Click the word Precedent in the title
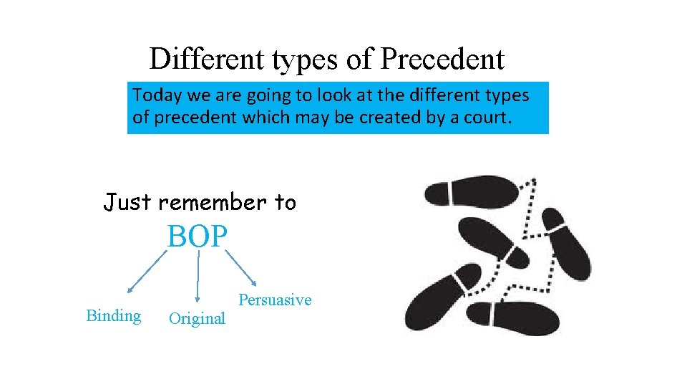442,59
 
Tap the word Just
127,203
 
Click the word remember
212,203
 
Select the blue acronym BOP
197,236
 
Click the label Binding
113,315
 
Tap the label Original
197,318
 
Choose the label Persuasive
275,300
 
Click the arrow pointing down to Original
198,276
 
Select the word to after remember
285,203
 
